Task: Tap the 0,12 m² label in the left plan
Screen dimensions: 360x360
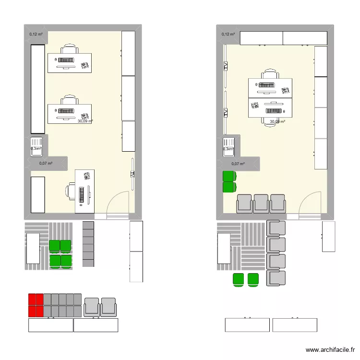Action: pos(36,34)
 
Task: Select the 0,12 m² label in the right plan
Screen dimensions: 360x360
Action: pos(228,34)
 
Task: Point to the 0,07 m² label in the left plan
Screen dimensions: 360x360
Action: pos(46,164)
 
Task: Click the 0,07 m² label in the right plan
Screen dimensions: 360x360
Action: pos(238,164)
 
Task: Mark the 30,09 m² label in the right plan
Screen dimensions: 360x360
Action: pos(277,122)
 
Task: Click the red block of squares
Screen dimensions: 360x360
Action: pos(36,305)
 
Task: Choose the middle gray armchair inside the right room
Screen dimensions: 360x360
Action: pos(261,203)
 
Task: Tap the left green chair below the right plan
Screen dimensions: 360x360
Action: pos(238,279)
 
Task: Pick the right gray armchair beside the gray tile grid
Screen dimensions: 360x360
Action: pos(108,307)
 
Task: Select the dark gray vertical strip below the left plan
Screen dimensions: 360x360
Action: pos(88,244)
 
